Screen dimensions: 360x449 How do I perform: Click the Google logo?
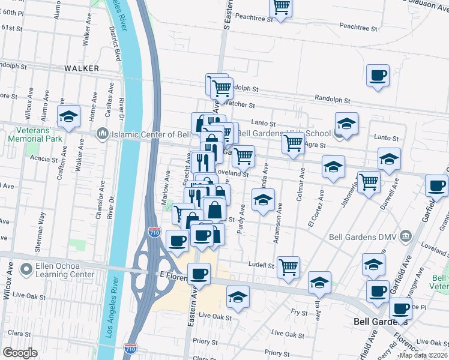coord(20,353)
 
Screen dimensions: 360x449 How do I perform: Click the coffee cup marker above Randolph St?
coord(378,76)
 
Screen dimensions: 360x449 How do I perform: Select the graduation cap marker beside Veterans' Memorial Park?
coord(68,116)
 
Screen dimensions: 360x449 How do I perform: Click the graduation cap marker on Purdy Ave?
coord(262,200)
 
